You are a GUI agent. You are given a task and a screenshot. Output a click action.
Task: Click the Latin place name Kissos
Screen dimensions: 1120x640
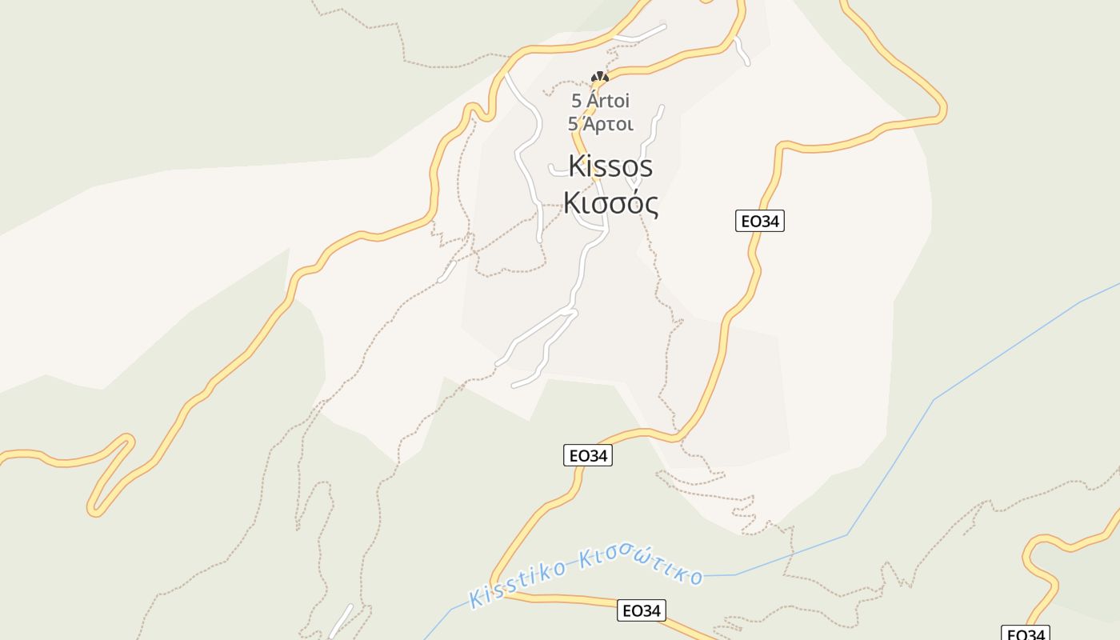(x=610, y=166)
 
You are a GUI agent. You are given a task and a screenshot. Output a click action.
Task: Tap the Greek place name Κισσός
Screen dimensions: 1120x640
(x=611, y=203)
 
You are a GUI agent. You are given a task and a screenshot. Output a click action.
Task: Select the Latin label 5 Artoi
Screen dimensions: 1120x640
(x=600, y=102)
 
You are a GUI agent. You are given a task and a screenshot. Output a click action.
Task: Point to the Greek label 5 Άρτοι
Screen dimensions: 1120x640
(x=600, y=125)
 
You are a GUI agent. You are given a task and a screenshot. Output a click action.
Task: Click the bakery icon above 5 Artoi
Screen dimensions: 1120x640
(x=600, y=78)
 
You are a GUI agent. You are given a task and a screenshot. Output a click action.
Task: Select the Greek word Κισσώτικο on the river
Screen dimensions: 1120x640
(x=640, y=566)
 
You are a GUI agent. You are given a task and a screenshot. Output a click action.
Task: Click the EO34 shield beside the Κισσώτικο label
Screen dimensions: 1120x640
(x=642, y=611)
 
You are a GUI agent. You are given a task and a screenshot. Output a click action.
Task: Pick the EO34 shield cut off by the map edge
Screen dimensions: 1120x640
(x=1025, y=634)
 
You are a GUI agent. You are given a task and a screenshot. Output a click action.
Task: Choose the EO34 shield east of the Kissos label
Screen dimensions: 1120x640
(x=759, y=221)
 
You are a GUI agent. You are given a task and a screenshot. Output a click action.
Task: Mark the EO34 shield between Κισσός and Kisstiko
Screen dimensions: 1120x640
(x=587, y=456)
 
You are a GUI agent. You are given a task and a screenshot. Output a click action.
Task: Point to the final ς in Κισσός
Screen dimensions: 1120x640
(x=650, y=206)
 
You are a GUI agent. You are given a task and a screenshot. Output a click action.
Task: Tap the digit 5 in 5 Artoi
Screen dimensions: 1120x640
(x=576, y=102)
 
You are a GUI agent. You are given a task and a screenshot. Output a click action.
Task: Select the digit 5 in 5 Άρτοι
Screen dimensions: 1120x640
(x=573, y=125)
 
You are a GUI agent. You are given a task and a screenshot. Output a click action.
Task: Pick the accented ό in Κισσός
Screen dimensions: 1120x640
(x=631, y=203)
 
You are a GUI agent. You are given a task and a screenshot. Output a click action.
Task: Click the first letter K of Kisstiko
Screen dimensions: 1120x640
(x=478, y=597)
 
